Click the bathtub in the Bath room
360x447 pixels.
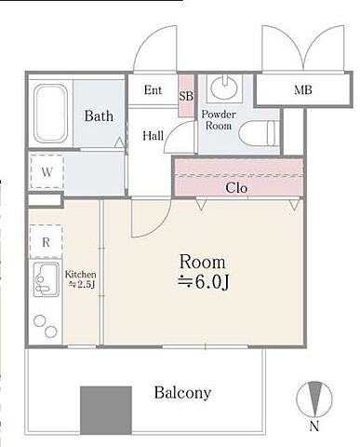[50, 114]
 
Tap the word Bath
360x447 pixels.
[99, 116]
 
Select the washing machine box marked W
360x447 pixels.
[47, 172]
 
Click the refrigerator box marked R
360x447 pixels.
[46, 242]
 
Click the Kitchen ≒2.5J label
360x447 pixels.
[80, 279]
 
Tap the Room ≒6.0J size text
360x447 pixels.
[203, 272]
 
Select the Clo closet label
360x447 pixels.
[236, 188]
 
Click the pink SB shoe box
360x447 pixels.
[186, 96]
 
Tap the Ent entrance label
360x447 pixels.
[153, 90]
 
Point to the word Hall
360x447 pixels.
[153, 136]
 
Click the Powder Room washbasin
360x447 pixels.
[224, 87]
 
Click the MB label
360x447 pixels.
[303, 90]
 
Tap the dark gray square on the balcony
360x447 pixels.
[106, 411]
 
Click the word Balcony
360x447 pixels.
[183, 393]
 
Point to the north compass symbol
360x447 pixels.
[314, 400]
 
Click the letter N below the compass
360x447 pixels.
[314, 427]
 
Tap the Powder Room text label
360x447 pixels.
[219, 120]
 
